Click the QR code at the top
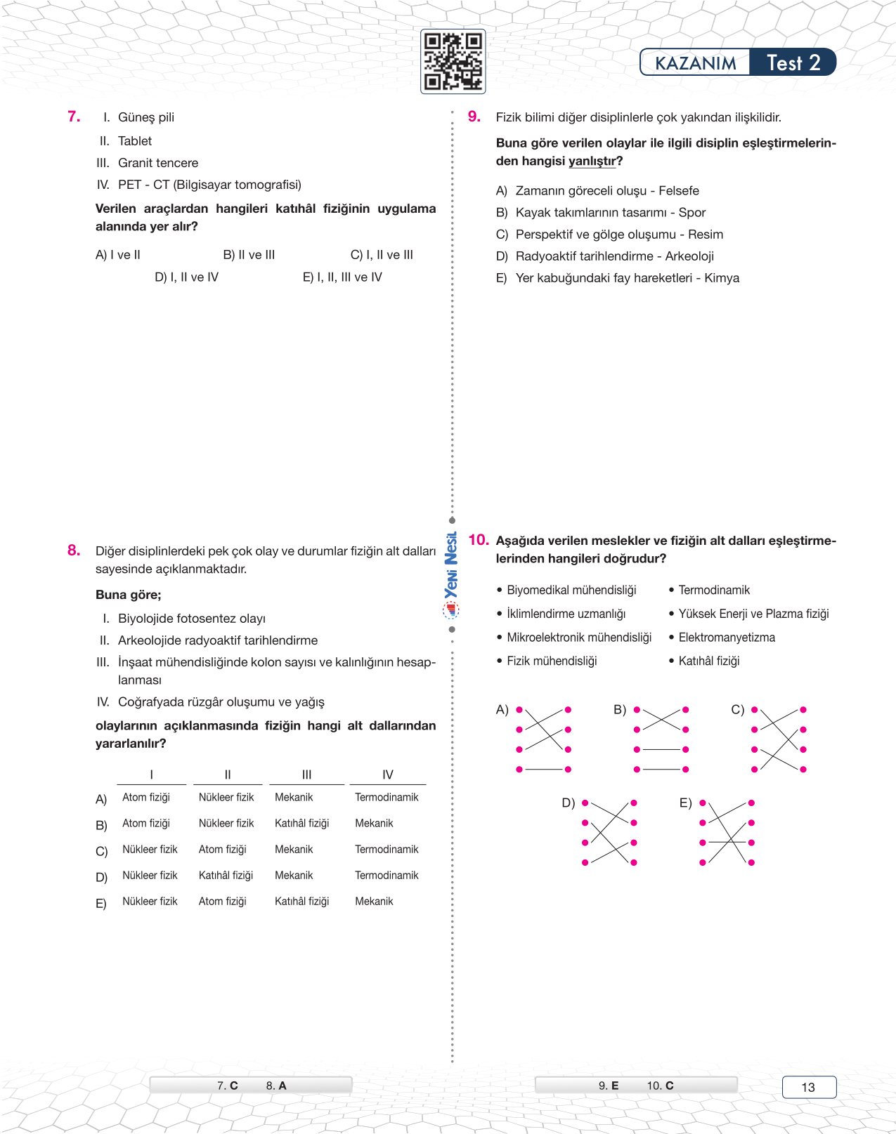(453, 62)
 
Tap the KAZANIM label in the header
(695, 62)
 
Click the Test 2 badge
(793, 62)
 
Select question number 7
(74, 117)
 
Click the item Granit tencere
(157, 163)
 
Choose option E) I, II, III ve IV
(342, 277)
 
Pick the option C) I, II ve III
(382, 255)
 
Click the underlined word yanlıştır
(592, 161)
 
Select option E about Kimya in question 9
(618, 278)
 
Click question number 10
(478, 540)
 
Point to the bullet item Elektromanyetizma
(726, 638)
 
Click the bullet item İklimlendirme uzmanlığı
(566, 614)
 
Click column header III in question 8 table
(306, 774)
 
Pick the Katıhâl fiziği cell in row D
(226, 876)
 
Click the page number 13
(808, 1087)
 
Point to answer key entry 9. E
(609, 1086)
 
